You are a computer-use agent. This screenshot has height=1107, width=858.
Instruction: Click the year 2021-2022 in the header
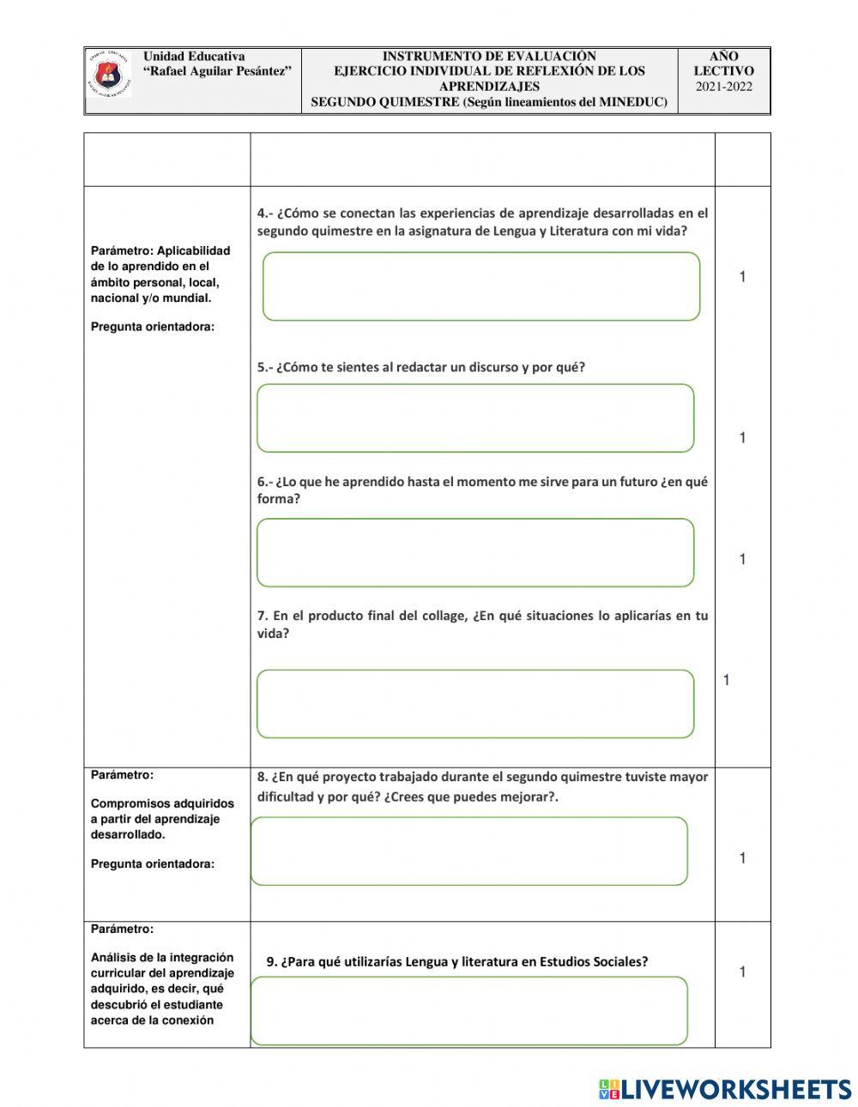[723, 87]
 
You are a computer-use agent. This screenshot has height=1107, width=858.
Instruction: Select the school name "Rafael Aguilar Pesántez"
[217, 71]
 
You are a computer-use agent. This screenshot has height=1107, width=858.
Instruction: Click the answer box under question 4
[480, 286]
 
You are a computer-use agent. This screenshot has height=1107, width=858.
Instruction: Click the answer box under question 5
[475, 418]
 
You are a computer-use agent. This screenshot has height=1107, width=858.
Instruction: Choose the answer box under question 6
[475, 553]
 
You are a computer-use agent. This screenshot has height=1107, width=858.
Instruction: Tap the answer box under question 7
[475, 704]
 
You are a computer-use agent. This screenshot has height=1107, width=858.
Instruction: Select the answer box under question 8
[469, 851]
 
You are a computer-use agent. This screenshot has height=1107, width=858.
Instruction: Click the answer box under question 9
[469, 1011]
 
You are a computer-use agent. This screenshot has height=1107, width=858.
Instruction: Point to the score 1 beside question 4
[742, 277]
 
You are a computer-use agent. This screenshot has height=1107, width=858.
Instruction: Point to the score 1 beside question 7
[726, 681]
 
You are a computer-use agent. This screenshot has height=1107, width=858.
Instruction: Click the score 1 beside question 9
[742, 972]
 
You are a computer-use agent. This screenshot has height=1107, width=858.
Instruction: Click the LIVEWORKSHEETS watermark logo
[725, 1089]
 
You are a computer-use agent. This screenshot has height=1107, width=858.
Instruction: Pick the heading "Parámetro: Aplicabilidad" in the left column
[160, 251]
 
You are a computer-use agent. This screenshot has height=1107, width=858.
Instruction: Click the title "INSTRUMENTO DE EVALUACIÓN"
[489, 57]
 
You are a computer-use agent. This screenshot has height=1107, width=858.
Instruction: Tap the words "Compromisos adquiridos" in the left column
[162, 804]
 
